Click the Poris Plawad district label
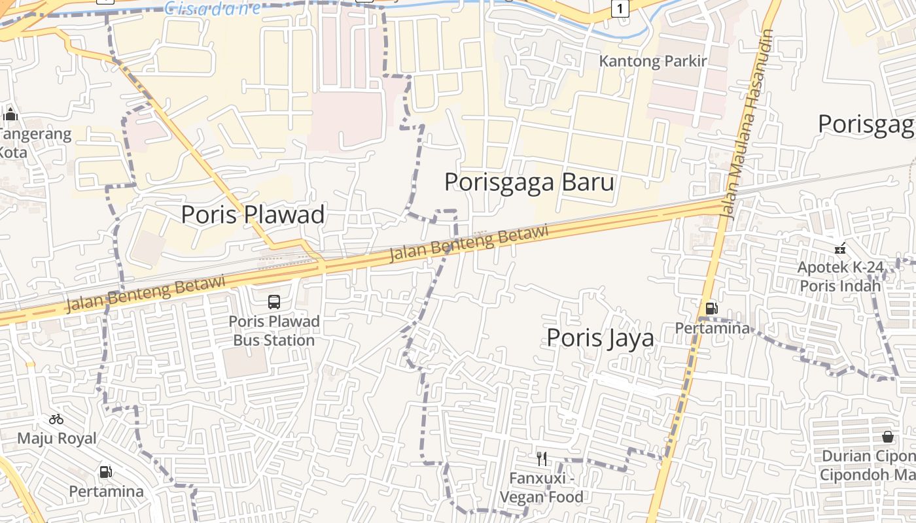pyautogui.click(x=253, y=214)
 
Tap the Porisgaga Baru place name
pyautogui.click(x=529, y=182)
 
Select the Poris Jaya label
pyautogui.click(x=600, y=337)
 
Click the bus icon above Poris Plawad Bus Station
pyautogui.click(x=274, y=302)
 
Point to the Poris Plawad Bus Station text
pyautogui.click(x=274, y=331)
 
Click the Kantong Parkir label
pyautogui.click(x=653, y=61)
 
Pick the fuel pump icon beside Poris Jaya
pyautogui.click(x=711, y=308)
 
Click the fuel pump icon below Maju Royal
pyautogui.click(x=105, y=471)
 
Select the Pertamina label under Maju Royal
pyautogui.click(x=106, y=491)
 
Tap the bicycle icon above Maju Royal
pyautogui.click(x=56, y=419)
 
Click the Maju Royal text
pyautogui.click(x=56, y=438)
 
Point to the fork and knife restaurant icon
pyautogui.click(x=541, y=458)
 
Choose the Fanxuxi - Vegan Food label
pyautogui.click(x=541, y=488)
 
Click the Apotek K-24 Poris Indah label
pyautogui.click(x=840, y=277)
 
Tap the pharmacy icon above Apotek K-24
pyautogui.click(x=840, y=248)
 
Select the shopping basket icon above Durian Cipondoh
pyautogui.click(x=888, y=436)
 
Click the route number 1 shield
pyautogui.click(x=620, y=8)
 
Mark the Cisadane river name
pyautogui.click(x=212, y=8)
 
